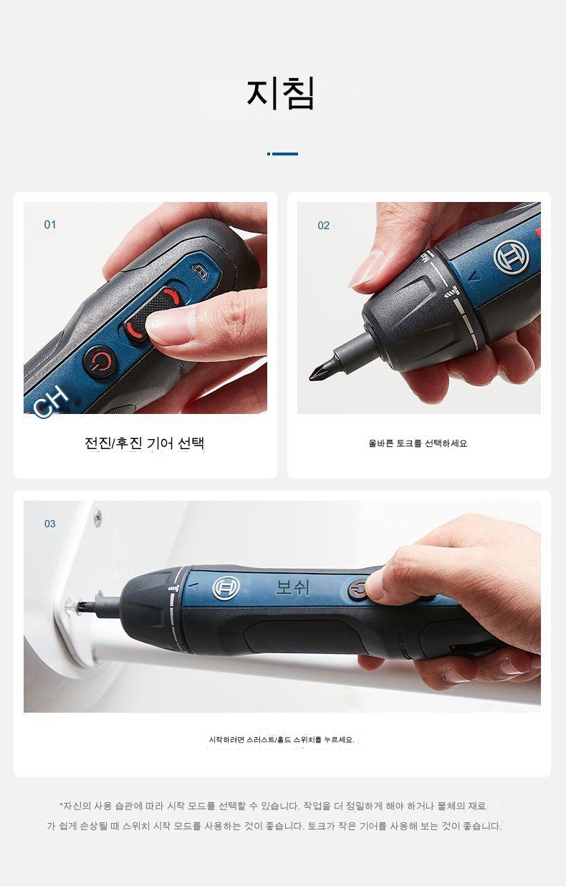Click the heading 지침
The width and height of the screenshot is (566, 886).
280,93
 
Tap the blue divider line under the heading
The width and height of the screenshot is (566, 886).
282,154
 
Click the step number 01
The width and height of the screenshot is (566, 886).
50,225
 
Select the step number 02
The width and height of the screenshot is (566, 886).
324,226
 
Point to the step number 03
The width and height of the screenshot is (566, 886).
50,524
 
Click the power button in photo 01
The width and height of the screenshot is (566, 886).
100,361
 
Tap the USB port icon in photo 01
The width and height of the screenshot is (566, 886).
200,272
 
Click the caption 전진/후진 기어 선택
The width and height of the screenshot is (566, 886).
145,443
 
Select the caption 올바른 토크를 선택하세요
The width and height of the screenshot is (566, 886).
418,443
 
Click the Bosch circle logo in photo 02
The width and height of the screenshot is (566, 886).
511,257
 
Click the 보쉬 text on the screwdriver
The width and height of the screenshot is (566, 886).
292,588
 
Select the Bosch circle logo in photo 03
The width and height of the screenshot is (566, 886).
226,588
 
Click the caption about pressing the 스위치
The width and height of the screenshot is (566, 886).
282,740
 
